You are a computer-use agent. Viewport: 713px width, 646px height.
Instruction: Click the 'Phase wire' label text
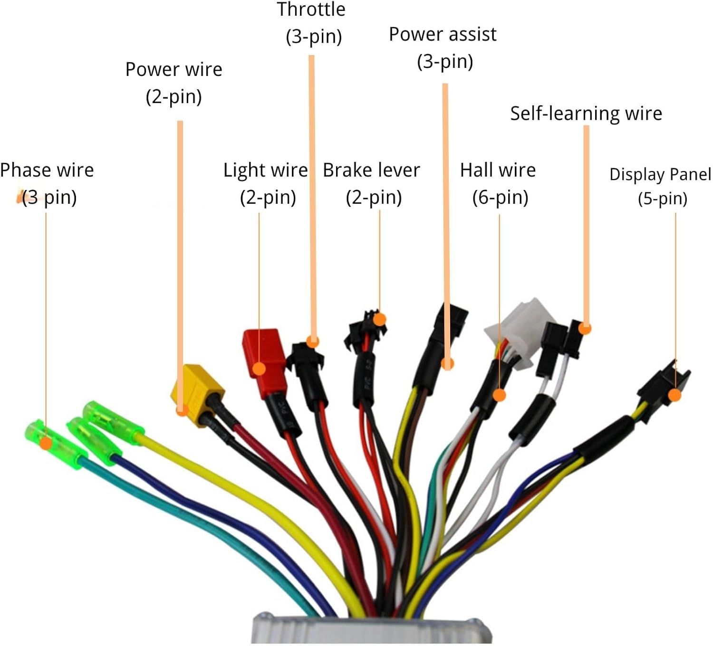point(47,170)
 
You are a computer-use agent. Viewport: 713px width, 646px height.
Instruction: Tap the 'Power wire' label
point(173,70)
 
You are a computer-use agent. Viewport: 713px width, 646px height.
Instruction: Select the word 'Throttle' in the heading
point(311,9)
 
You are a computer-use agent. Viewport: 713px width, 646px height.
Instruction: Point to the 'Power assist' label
point(443,35)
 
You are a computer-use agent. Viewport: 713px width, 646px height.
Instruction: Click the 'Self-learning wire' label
point(586,114)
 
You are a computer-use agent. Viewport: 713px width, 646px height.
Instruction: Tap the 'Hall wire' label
point(498,170)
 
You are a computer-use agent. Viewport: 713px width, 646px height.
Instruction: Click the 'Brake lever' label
point(371,170)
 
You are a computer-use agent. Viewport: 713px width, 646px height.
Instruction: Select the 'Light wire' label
point(265,170)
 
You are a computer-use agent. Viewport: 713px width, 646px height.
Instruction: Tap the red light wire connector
point(263,359)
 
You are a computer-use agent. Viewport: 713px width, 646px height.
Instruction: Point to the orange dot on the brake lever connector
point(379,319)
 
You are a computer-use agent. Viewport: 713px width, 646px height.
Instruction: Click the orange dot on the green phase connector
point(46,443)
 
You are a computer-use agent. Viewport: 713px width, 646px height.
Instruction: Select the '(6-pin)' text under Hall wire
point(500,197)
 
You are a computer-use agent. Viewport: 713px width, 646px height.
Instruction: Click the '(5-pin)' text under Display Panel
point(662,198)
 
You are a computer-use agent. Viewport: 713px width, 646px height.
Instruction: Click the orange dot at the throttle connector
point(312,341)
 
